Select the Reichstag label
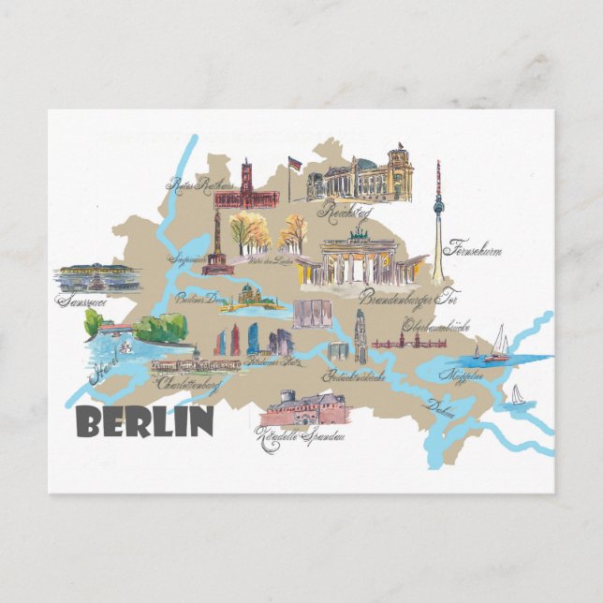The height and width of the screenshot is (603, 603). click(345, 213)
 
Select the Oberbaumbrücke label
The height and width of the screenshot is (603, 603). click(434, 326)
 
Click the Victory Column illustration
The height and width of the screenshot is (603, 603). click(217, 245)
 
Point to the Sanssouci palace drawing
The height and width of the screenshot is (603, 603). click(96, 277)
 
